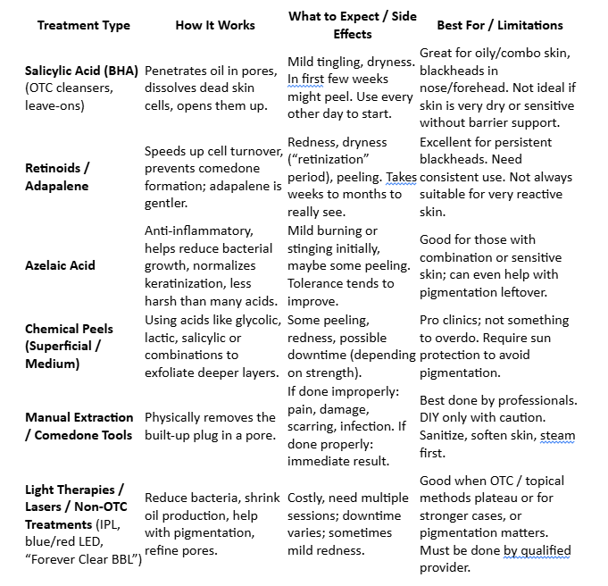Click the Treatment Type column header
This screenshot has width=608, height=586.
[x=83, y=25]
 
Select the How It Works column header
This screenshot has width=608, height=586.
[x=214, y=25]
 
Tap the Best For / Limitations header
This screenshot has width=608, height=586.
[x=499, y=25]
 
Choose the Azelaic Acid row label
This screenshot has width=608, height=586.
[x=60, y=265]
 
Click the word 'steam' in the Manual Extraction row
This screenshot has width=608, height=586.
[x=558, y=435]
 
